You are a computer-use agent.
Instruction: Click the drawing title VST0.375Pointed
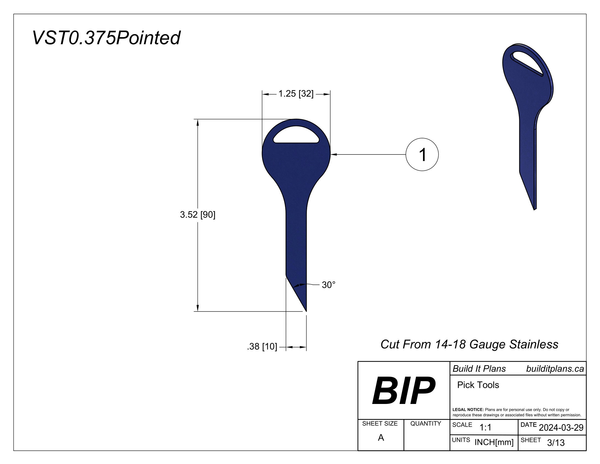tap(106, 38)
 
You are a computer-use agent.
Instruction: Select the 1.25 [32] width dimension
tap(296, 94)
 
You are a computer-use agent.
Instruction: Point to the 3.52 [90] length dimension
tap(197, 215)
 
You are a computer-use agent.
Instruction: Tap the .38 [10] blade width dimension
tap(262, 347)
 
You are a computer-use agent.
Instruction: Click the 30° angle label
tap(329, 285)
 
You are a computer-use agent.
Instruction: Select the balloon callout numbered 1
tap(422, 154)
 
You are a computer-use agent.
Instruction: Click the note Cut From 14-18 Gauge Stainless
tap(469, 344)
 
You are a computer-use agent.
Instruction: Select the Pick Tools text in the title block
tap(478, 385)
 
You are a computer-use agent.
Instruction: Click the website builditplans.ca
tap(555, 369)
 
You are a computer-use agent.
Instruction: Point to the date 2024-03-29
tap(561, 427)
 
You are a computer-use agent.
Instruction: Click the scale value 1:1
tap(485, 427)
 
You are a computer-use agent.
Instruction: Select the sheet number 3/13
tap(556, 442)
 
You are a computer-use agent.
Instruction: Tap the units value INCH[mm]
tap(494, 442)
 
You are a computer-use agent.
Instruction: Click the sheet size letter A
tap(381, 437)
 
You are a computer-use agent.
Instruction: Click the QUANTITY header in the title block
tap(425, 424)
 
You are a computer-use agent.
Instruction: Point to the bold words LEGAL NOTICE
tap(468, 410)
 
